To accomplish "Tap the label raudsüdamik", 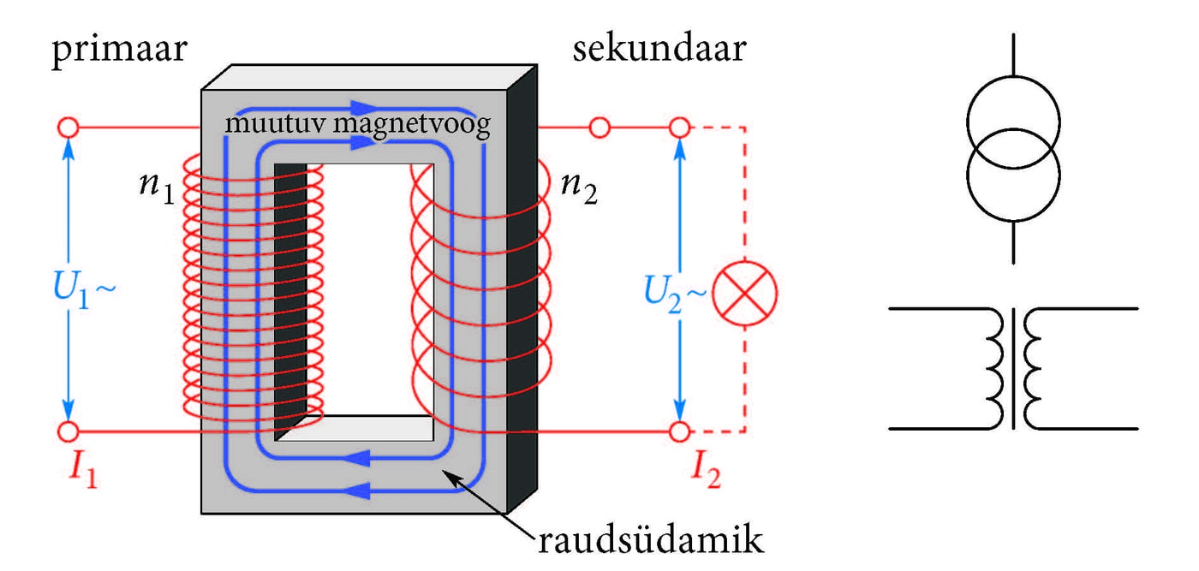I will coord(650,542).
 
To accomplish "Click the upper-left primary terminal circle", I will coord(68,128).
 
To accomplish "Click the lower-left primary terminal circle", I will coord(68,431).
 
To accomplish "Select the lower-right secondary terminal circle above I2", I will coord(680,431).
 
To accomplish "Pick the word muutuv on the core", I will coord(276,125).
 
